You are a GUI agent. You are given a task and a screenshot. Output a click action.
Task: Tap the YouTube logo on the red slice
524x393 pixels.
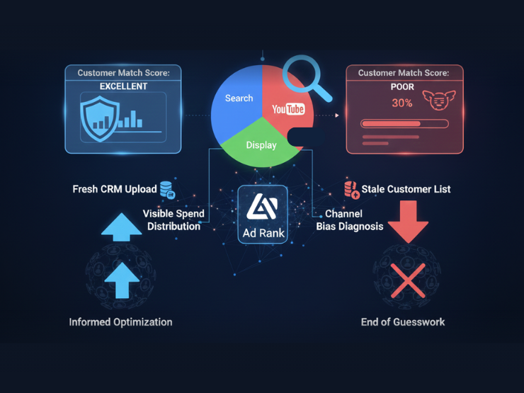[288, 109]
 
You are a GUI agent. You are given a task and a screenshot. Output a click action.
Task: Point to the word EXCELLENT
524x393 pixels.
[123, 86]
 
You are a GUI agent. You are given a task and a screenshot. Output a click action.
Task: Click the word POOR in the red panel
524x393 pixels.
[402, 88]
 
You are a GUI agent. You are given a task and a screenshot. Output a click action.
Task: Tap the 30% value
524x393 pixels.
[402, 103]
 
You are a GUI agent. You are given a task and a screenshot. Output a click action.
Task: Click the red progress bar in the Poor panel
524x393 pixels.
[404, 123]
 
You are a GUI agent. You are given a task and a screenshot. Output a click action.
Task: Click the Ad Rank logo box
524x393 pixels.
[263, 214]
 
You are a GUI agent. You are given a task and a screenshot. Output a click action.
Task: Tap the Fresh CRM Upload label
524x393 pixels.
[115, 190]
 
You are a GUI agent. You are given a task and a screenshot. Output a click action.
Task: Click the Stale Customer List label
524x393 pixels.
[406, 189]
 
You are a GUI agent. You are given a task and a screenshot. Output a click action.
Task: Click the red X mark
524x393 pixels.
[408, 280]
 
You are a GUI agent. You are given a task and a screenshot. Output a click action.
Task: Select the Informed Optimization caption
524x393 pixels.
[120, 322]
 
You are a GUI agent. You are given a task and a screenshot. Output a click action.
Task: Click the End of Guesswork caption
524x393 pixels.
[403, 322]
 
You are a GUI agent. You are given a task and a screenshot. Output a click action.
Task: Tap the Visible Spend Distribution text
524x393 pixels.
[173, 220]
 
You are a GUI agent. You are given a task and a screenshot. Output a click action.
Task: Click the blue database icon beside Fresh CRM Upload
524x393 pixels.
[168, 190]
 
